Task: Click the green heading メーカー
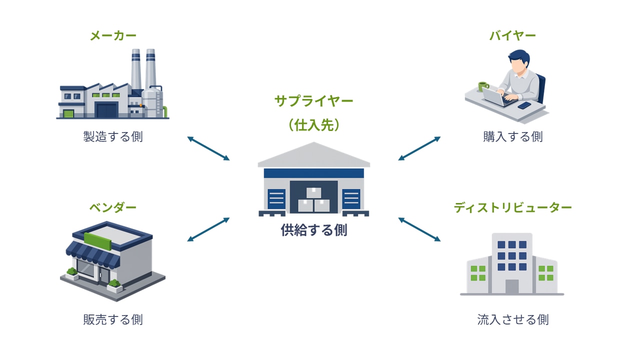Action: pos(113,35)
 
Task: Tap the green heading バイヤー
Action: pos(512,35)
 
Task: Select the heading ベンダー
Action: pos(113,207)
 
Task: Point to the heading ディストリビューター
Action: pos(512,207)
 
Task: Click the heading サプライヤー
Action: pos(313,100)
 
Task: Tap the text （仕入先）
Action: pos(313,125)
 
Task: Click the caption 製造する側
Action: pos(113,136)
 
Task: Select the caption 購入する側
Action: pos(512,136)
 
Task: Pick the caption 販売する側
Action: pos(113,319)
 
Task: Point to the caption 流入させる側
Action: pos(512,319)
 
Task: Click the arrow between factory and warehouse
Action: pos(208,148)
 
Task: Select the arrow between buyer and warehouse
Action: pos(419,148)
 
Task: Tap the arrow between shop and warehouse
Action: pos(208,229)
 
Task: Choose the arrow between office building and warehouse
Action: pos(419,229)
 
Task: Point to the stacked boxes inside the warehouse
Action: pos(313,200)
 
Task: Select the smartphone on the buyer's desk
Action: pos(524,105)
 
